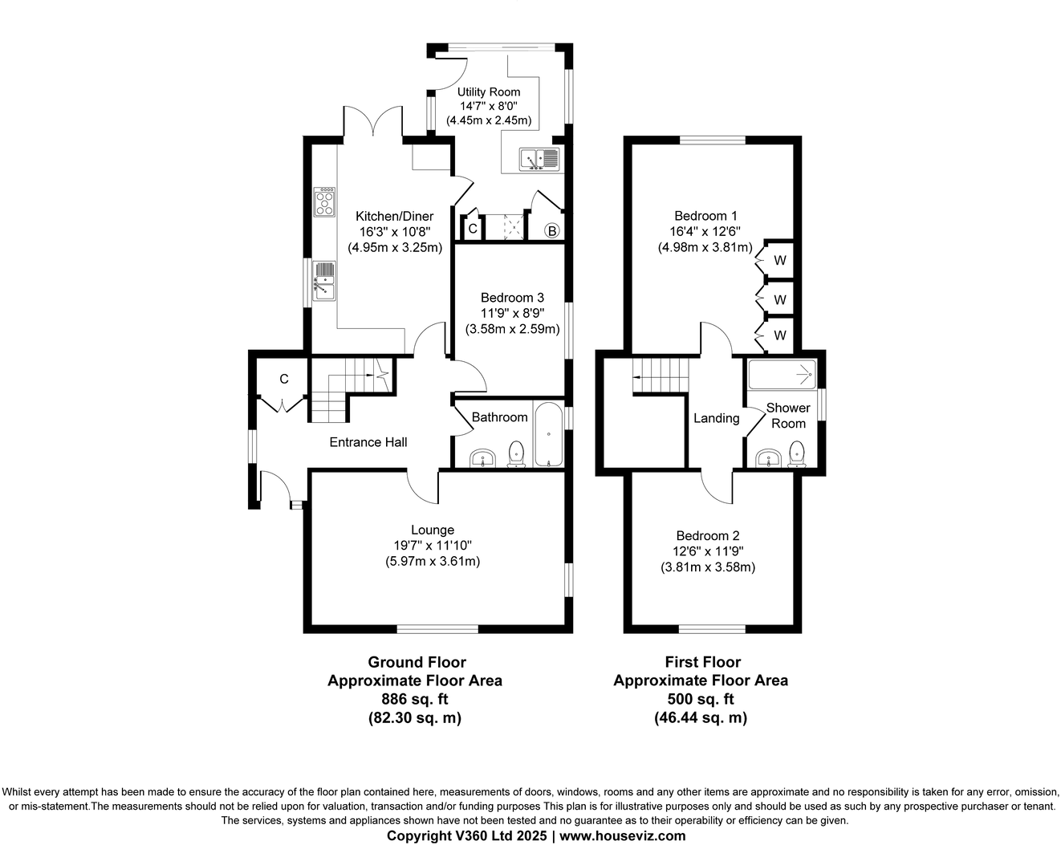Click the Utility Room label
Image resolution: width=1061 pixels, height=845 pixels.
click(x=489, y=91)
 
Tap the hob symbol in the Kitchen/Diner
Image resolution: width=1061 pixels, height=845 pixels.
click(x=324, y=201)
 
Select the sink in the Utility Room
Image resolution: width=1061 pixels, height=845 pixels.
click(x=539, y=159)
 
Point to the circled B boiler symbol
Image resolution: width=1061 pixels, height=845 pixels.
click(x=552, y=230)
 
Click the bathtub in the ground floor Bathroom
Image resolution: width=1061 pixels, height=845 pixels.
click(x=549, y=434)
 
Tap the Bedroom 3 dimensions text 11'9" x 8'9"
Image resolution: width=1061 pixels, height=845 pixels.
click(x=512, y=313)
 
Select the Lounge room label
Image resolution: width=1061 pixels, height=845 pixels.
click(x=433, y=530)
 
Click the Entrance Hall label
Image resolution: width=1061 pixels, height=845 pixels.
click(x=368, y=442)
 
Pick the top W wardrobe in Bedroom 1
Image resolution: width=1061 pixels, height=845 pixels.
click(x=779, y=261)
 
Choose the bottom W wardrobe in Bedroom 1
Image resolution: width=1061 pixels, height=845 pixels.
click(x=779, y=335)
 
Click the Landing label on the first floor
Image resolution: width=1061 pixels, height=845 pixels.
click(x=716, y=418)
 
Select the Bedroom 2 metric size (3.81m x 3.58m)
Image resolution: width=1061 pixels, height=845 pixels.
click(x=708, y=567)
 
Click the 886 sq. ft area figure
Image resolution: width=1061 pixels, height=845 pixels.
click(x=415, y=699)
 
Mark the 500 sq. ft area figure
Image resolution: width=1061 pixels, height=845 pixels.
click(x=701, y=699)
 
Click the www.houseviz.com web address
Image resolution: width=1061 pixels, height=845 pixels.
click(x=623, y=835)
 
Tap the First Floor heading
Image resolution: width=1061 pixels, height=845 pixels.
click(x=702, y=662)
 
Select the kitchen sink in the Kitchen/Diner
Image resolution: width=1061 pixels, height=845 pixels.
click(x=324, y=281)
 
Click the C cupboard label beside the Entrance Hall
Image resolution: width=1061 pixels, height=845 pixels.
click(x=283, y=379)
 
